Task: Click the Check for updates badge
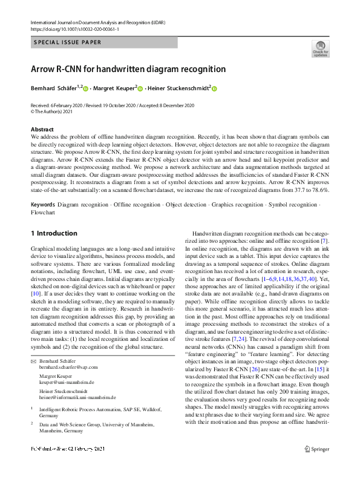[x=320, y=48]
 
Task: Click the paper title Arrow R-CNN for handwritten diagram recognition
[x=128, y=69]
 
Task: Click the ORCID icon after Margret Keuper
[x=140, y=89]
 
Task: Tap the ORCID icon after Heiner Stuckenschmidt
[x=214, y=89]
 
